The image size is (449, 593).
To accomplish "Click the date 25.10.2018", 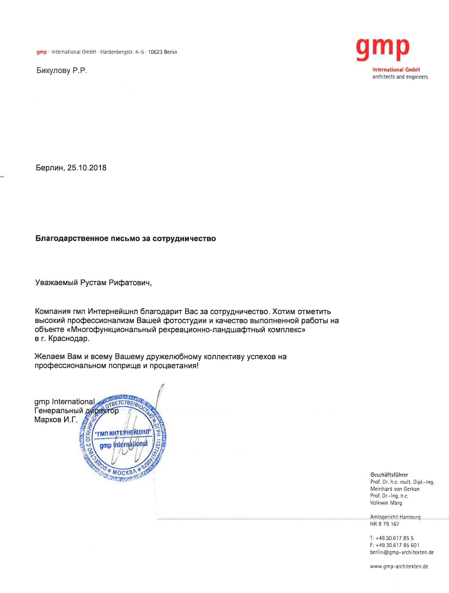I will pos(87,168).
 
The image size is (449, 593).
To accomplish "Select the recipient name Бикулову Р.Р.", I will pos(62,70).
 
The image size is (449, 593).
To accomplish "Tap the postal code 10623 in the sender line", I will pos(155,52).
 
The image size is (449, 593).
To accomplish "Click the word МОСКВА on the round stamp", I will pos(124,472).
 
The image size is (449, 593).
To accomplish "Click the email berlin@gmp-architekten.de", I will pos(401,552).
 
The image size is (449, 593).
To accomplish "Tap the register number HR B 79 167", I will pos(384,524).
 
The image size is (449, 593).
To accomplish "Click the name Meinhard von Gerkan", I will pos(394,489).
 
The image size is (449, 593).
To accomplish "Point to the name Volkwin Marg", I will pos(386,503).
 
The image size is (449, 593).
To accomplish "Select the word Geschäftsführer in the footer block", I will pos(389,475).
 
